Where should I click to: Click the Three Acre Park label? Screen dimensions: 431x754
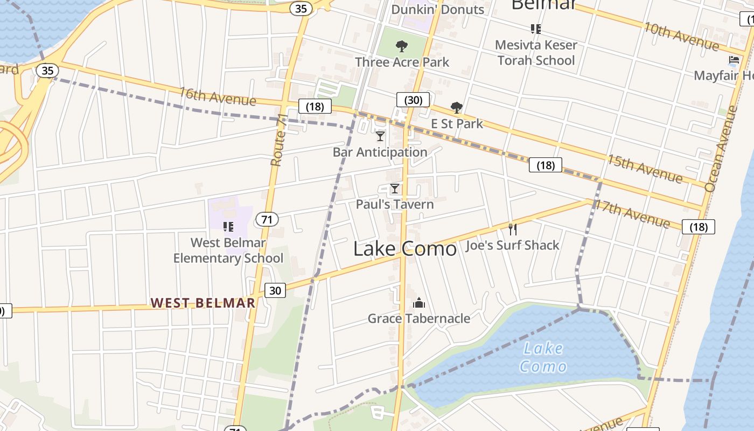click(402, 62)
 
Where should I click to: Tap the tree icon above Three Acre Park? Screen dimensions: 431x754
click(401, 46)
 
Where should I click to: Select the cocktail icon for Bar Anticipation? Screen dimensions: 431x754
click(380, 136)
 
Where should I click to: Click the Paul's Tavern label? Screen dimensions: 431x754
click(395, 204)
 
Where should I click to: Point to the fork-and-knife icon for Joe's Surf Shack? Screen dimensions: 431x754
click(513, 230)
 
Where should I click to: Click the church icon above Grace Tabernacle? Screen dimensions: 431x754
click(419, 303)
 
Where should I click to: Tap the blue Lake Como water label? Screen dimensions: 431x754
click(543, 357)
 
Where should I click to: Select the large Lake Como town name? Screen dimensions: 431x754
click(405, 248)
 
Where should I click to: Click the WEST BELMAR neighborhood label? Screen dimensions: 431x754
click(203, 303)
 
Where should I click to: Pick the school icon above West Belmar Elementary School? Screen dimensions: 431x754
click(228, 226)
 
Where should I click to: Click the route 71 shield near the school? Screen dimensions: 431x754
click(267, 219)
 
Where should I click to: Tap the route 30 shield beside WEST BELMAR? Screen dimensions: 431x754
click(275, 290)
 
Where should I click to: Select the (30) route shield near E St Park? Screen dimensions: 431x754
click(413, 100)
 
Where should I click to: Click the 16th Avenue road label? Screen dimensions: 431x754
click(218, 96)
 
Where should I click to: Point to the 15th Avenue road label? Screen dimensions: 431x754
click(645, 168)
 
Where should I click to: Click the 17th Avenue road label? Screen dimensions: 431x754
click(632, 213)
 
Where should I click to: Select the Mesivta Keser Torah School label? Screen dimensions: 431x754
click(536, 52)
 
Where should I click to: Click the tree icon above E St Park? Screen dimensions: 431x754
click(456, 108)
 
